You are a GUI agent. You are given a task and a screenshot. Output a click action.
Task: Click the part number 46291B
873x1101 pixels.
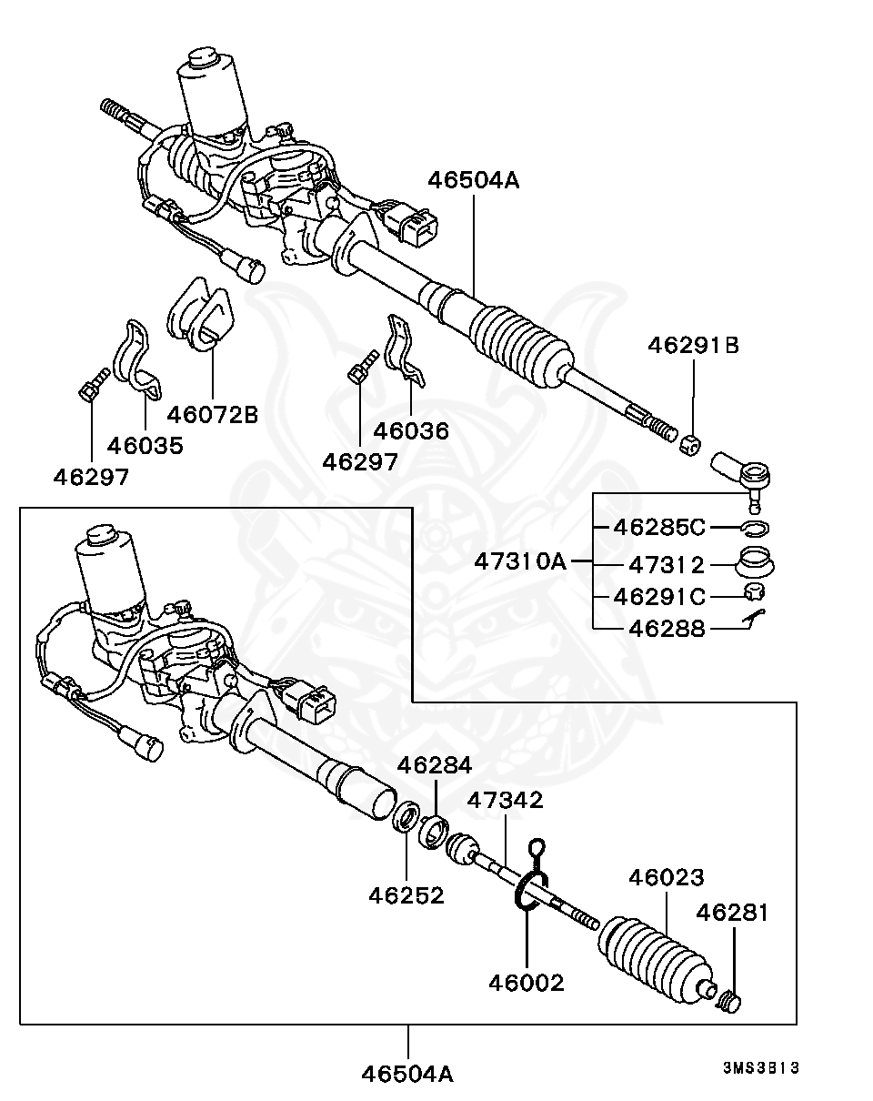click(693, 346)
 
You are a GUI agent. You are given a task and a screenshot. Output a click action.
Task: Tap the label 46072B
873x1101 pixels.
click(212, 415)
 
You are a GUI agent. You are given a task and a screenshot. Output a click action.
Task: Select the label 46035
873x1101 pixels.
click(145, 445)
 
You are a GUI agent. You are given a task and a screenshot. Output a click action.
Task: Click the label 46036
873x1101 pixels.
click(411, 430)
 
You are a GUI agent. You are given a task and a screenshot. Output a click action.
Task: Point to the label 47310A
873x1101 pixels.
click(520, 561)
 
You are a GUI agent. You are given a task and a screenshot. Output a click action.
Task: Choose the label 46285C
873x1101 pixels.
click(659, 527)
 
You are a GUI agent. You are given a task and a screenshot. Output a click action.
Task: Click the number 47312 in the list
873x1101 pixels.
click(659, 565)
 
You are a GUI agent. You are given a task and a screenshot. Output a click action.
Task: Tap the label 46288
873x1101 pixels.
click(659, 629)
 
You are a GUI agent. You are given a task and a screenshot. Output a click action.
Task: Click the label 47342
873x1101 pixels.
click(505, 800)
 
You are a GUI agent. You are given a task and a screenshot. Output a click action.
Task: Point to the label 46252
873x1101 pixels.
click(406, 895)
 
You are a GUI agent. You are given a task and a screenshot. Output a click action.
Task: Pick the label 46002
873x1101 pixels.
click(527, 983)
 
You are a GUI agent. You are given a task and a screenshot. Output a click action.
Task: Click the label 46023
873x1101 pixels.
click(667, 878)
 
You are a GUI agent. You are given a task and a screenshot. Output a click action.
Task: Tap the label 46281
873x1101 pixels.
click(733, 913)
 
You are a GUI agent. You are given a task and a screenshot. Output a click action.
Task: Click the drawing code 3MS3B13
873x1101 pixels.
click(762, 1068)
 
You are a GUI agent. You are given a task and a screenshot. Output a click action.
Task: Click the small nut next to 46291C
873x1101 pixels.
click(754, 594)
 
